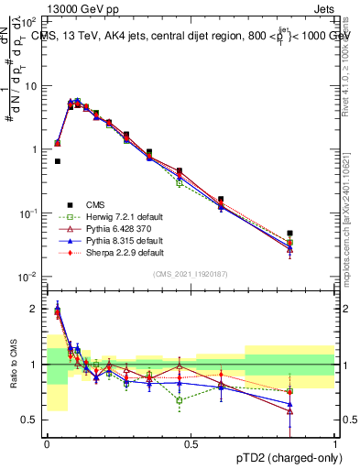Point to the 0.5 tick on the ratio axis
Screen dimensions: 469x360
click(x=33, y=420)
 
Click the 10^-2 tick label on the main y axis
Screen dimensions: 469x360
click(x=30, y=277)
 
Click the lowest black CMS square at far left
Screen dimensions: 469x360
click(x=57, y=161)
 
